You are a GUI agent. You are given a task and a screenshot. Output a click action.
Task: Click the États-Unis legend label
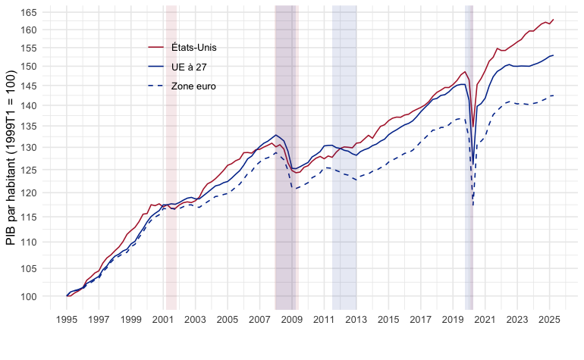[194, 48]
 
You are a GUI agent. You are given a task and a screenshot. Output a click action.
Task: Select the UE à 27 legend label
[189, 67]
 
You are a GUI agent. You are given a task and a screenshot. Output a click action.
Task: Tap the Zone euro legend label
[193, 86]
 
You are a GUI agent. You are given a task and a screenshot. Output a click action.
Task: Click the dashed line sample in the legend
[155, 86]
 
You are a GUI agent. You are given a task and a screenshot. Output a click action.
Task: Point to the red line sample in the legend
[155, 48]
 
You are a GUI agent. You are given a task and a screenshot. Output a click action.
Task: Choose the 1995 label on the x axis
[67, 321]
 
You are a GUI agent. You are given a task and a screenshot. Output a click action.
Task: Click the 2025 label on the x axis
[550, 321]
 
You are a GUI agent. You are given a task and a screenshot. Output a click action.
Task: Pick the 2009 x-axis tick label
[292, 321]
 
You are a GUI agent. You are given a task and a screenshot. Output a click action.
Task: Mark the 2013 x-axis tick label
[356, 321]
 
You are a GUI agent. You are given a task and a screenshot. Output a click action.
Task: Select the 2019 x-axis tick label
[454, 321]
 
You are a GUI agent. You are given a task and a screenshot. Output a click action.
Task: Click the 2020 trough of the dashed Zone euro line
[473, 205]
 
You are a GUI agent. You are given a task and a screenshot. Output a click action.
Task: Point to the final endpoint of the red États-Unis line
[554, 19]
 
